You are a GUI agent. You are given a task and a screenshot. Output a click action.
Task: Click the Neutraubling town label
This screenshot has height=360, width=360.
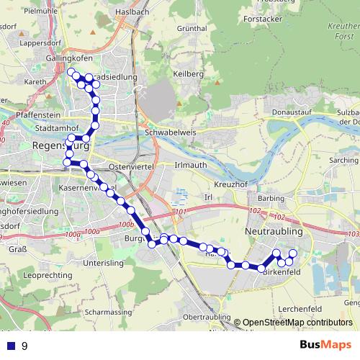point(274,232)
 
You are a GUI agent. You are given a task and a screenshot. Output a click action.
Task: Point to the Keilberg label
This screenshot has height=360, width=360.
point(189,74)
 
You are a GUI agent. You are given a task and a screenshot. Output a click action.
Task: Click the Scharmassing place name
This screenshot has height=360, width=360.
point(106,312)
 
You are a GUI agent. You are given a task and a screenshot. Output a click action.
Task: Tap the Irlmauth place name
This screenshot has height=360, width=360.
point(191,165)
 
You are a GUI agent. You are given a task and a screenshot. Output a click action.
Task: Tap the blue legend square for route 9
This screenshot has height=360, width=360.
point(10,346)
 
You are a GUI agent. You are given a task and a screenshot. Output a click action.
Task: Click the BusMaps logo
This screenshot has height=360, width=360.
point(325,346)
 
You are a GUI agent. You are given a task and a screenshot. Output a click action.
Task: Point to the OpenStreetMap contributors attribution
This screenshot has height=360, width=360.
point(292,323)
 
